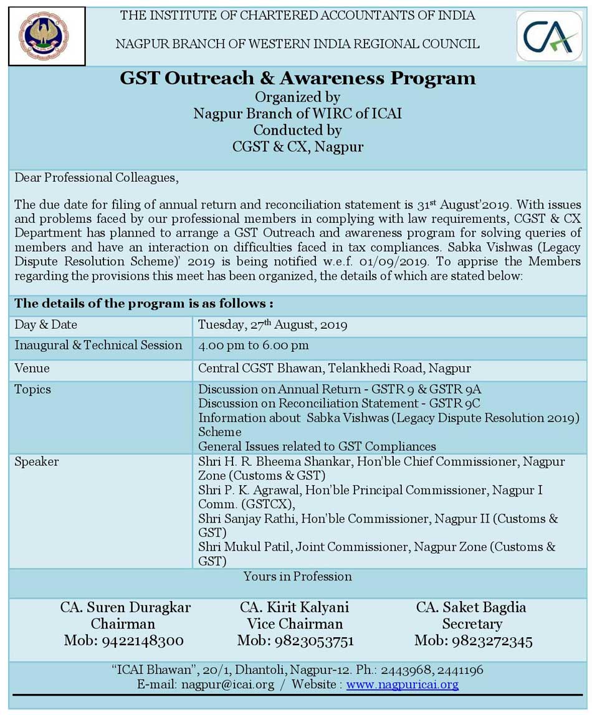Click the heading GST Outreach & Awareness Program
point(297,79)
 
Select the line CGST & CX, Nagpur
point(297,148)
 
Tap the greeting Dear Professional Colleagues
point(96,178)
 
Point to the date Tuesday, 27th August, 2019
point(272,325)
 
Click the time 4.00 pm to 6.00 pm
point(253,346)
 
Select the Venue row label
point(32,369)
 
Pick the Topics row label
point(32,390)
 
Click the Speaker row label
point(37,462)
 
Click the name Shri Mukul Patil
point(244,547)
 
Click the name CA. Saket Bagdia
point(471,607)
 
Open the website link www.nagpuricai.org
point(403,684)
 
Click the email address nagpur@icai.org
point(227,684)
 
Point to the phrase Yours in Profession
point(297,577)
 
